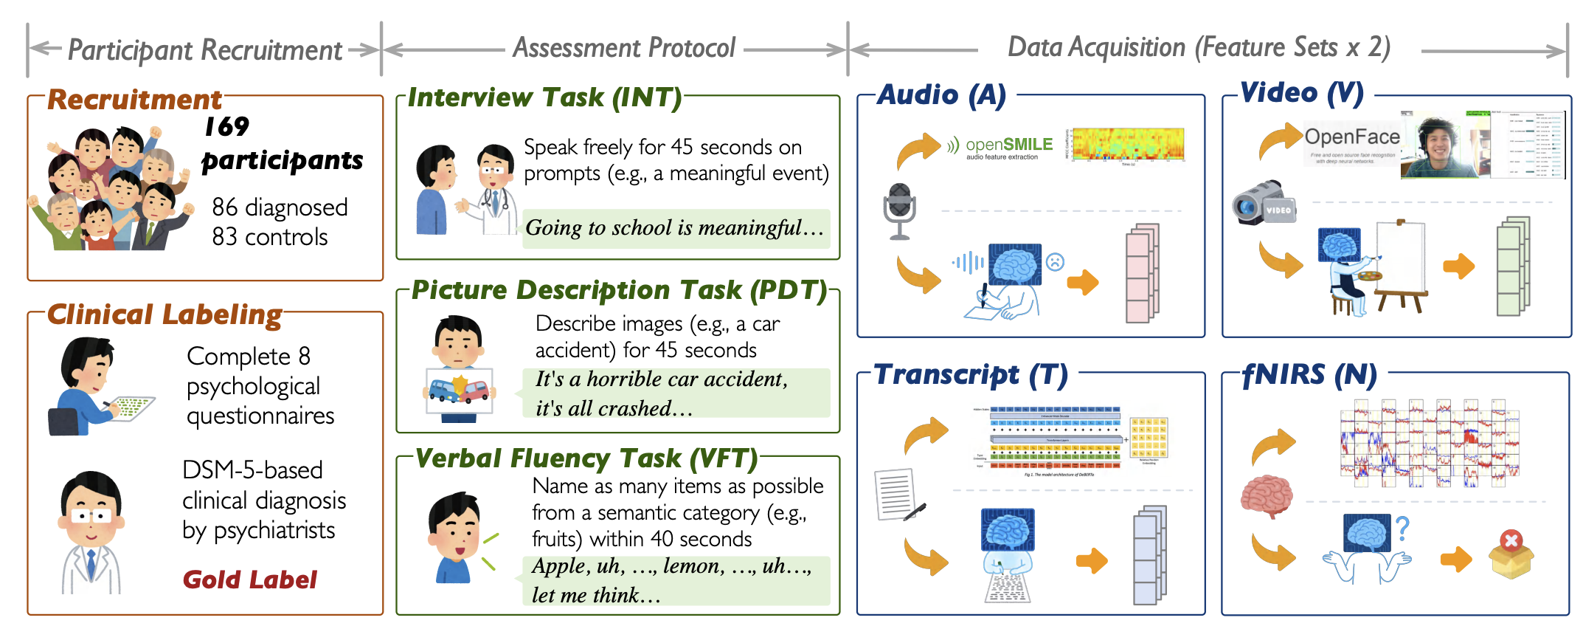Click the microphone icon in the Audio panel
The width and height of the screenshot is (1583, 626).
(899, 210)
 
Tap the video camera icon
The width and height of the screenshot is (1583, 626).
(1263, 202)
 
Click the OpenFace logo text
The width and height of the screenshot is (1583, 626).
(1351, 137)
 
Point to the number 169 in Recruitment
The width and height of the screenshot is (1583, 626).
(226, 127)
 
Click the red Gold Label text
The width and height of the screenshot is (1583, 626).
(249, 579)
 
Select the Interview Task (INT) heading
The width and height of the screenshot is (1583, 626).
(544, 97)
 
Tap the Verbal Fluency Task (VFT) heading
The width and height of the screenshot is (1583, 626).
(586, 458)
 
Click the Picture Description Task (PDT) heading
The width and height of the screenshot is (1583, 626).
(619, 290)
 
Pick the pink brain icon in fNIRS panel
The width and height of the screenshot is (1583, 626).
(1267, 495)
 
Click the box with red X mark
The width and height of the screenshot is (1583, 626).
(1511, 554)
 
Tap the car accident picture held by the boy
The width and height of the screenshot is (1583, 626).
(459, 391)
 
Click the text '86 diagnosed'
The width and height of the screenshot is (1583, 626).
(280, 207)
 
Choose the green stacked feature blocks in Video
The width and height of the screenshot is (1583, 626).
(1512, 266)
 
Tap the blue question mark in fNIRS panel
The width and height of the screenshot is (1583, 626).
(1402, 528)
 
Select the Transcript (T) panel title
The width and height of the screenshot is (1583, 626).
(970, 375)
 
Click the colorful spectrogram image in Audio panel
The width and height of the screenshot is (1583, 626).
(1127, 144)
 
